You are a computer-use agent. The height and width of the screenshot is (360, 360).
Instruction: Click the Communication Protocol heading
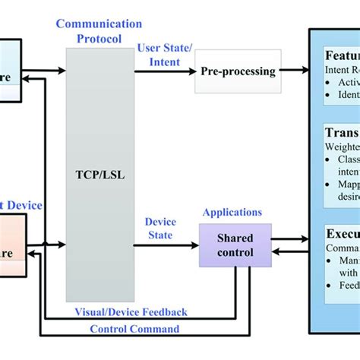pyautogui.click(x=99, y=32)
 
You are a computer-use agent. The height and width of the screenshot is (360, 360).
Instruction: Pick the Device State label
pyautogui.click(x=160, y=228)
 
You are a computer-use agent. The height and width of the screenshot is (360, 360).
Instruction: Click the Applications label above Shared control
pyautogui.click(x=231, y=213)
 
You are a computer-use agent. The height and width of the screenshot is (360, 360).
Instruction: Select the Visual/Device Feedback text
pyautogui.click(x=131, y=312)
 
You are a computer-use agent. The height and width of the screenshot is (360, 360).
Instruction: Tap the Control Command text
pyautogui.click(x=134, y=329)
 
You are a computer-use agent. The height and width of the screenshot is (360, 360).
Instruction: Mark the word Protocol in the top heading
pyautogui.click(x=99, y=38)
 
